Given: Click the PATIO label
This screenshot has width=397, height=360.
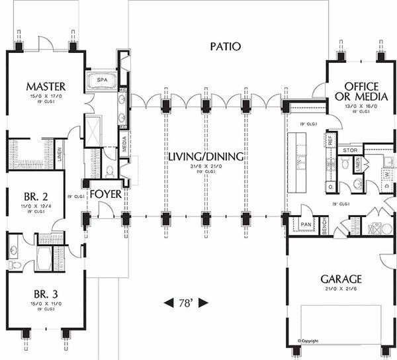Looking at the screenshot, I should pos(225,46).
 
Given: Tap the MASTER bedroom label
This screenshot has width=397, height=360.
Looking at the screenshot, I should pos(46,86).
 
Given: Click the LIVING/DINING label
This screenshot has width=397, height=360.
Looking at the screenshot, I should pos(205,157).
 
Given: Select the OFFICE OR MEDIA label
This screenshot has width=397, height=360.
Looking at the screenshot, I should pos(361,93).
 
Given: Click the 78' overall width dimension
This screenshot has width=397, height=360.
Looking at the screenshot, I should pos(185,302).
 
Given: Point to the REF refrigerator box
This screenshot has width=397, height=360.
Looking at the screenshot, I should pos(330,140).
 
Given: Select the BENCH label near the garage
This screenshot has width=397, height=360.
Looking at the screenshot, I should pos(324,226).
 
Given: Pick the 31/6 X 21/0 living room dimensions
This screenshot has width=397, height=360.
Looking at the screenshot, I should pos(205,167).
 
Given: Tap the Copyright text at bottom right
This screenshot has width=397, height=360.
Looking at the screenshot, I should pos(310,341).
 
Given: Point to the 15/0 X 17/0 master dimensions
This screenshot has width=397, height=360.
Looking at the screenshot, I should pos(46,96).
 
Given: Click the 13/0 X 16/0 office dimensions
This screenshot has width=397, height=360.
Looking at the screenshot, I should pos(361,106).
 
